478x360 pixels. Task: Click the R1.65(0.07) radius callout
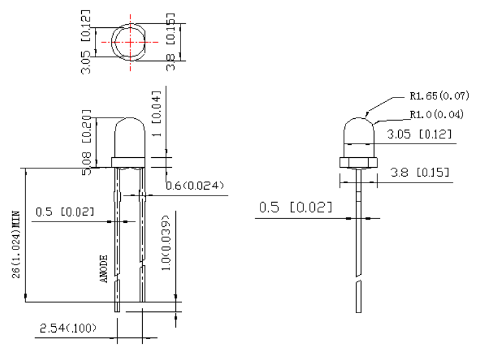point(439,96)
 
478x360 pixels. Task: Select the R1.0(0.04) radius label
point(436,114)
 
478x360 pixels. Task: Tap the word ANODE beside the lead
point(104,269)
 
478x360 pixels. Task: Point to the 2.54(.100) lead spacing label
point(68,328)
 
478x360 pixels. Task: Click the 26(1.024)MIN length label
point(16,244)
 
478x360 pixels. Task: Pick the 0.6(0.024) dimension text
point(195,185)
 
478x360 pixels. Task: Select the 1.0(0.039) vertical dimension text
point(166,242)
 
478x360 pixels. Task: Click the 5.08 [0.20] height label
point(86,142)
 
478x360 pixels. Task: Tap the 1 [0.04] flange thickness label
point(156,113)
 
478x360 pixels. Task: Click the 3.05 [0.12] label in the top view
point(86,42)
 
